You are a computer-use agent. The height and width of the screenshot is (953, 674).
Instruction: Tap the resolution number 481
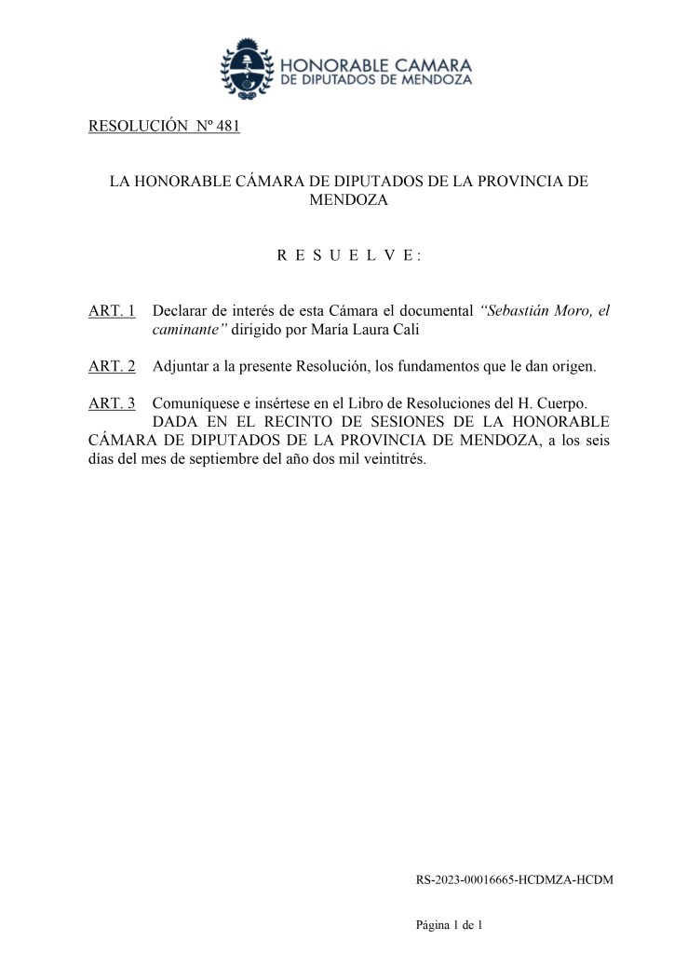[227, 127]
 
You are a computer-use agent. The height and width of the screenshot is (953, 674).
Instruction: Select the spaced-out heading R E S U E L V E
[348, 254]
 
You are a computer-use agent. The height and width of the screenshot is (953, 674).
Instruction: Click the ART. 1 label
[112, 309]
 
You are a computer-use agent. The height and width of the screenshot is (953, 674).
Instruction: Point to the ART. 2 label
[112, 366]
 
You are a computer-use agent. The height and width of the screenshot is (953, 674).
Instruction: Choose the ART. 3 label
[112, 403]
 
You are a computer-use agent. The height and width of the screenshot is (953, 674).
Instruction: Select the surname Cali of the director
[373, 329]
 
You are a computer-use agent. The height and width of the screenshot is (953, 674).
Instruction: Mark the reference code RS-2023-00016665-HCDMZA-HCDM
[514, 878]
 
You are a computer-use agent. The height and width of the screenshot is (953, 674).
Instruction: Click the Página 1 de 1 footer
[450, 925]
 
